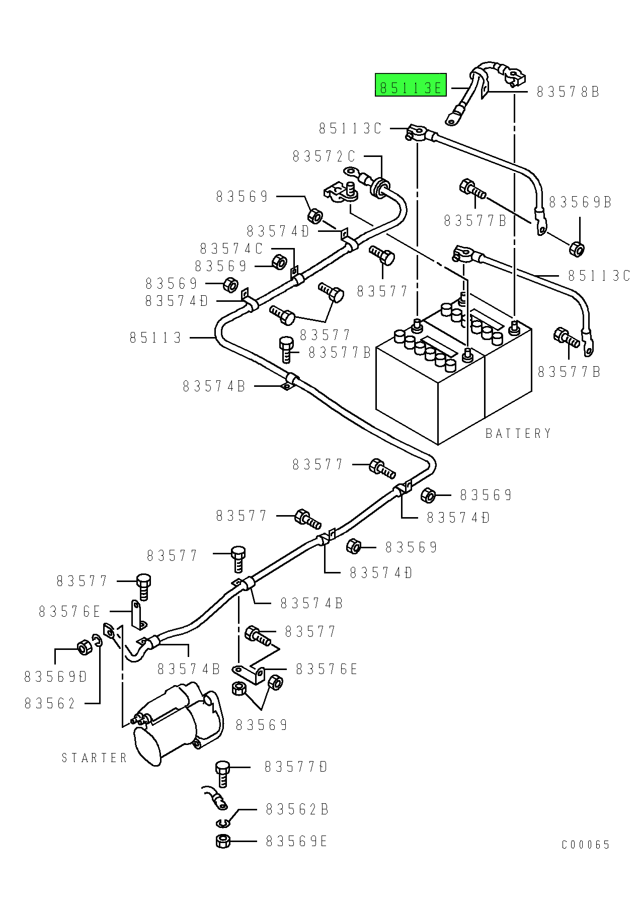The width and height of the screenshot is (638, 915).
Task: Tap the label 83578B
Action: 568,92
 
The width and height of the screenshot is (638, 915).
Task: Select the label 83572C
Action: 324,156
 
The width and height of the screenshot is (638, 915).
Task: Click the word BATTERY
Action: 518,433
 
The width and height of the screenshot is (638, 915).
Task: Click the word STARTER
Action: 94,758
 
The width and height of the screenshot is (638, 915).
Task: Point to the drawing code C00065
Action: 586,845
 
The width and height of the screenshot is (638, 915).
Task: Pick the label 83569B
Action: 580,202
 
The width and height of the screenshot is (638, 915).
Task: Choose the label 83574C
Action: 231,248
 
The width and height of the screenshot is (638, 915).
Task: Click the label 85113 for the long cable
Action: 155,338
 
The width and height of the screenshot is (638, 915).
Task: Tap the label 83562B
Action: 297,809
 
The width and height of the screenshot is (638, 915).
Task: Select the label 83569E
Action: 297,841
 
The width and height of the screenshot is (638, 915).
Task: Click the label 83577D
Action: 296,767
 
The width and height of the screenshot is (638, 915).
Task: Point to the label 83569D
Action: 56,677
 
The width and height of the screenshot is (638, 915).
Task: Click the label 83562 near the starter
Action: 50,703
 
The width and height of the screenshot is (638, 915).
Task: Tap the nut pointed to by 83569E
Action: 223,841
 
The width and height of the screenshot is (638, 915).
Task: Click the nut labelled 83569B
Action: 577,248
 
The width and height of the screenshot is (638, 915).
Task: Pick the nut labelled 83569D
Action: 85,647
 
